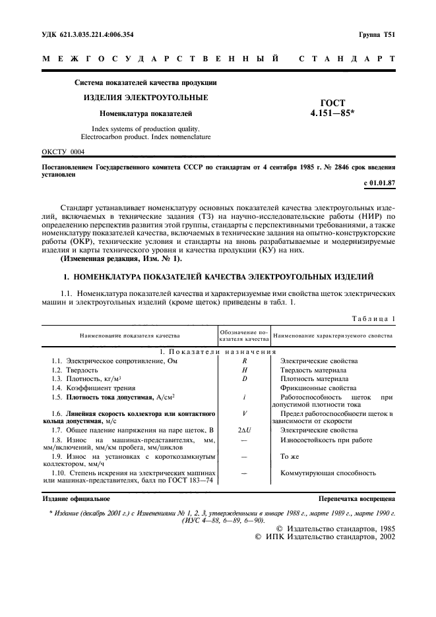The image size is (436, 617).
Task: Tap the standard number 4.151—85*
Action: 332,113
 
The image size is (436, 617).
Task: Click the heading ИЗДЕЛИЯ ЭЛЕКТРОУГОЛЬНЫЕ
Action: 145,98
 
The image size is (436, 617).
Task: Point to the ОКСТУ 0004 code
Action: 63,152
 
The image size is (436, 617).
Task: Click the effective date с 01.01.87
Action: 379,181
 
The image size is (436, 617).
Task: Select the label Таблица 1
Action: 373,318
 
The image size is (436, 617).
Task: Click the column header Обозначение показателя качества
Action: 244,335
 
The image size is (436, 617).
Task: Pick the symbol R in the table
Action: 244,361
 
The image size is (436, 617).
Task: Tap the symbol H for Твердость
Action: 244,370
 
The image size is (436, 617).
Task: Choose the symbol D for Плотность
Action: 244,379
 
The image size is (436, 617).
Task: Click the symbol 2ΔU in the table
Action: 244,429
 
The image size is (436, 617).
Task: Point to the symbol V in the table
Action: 244,413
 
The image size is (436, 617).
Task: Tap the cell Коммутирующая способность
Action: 328,473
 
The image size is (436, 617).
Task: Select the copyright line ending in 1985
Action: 334,529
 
